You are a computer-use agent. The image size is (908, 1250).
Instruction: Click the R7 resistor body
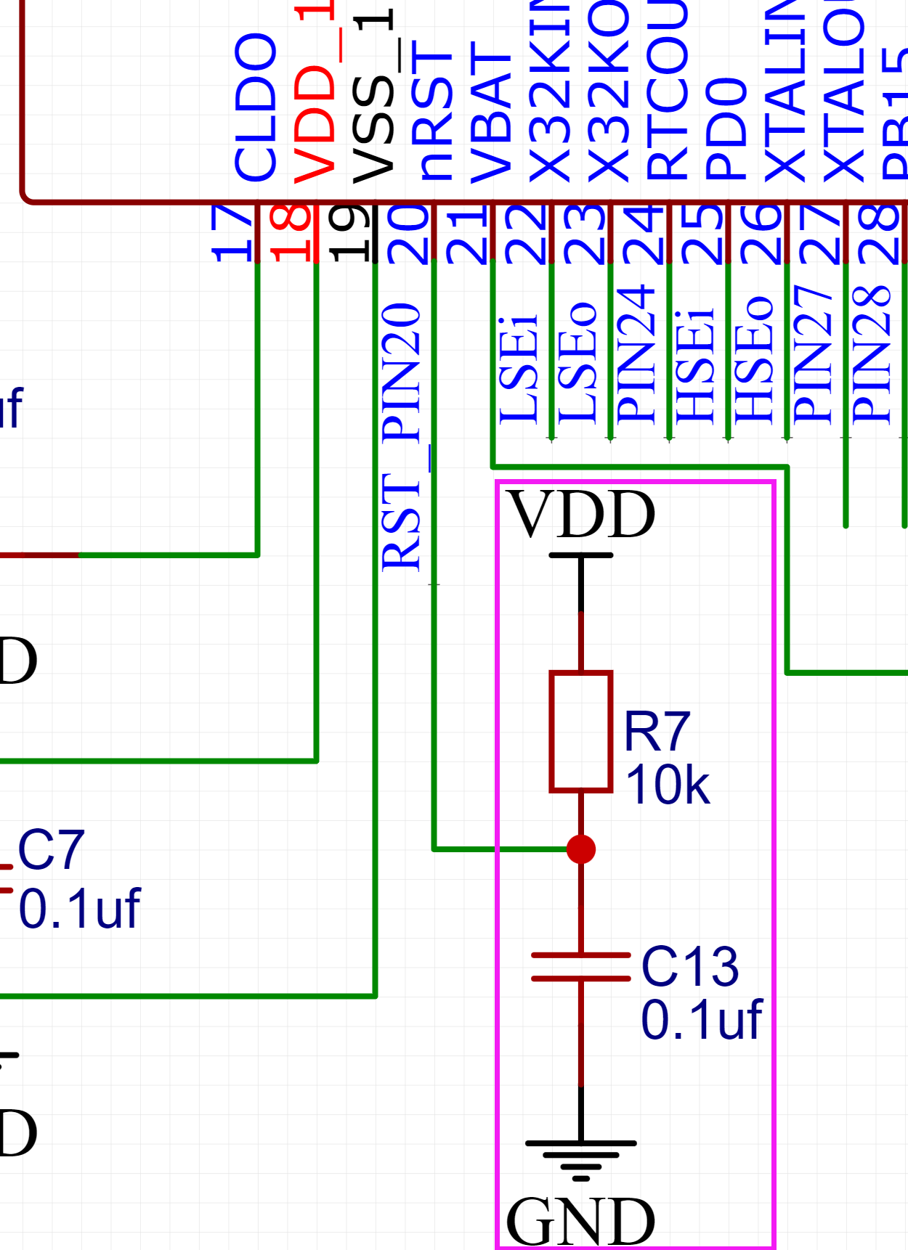coord(581,731)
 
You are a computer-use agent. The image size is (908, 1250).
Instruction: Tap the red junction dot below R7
coord(581,849)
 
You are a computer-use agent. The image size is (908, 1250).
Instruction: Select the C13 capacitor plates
coord(581,967)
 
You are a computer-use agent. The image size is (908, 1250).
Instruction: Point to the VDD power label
coord(581,514)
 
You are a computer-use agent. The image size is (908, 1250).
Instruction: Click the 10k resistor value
coord(667,785)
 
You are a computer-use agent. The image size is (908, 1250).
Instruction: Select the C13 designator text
coord(690,966)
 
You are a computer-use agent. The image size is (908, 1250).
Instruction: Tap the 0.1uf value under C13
coord(701,1020)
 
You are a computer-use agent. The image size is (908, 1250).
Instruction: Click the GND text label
coord(580,1222)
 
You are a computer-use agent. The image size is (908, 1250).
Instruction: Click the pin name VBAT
coord(492,113)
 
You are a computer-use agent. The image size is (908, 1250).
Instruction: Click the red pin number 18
coord(291,232)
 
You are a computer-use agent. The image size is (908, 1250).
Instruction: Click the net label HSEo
coord(753,359)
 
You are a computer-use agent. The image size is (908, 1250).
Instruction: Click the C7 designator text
coord(51,850)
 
